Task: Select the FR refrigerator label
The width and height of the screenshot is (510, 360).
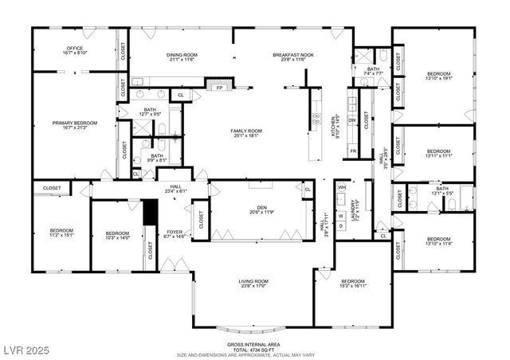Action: click(x=352, y=151)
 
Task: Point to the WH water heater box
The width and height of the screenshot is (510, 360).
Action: click(x=341, y=187)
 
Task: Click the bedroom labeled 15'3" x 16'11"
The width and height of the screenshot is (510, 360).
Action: click(x=352, y=284)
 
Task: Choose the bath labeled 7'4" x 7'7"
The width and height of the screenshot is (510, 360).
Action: click(x=373, y=72)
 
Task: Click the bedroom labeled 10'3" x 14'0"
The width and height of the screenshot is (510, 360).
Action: click(x=117, y=236)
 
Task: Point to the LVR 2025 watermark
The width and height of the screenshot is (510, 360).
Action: click(x=25, y=350)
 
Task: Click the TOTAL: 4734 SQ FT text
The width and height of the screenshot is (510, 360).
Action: click(x=253, y=350)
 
